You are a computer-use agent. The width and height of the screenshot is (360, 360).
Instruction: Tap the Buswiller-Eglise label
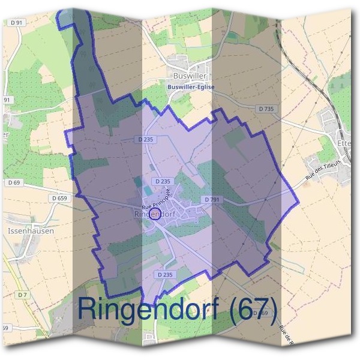click(x=191, y=87)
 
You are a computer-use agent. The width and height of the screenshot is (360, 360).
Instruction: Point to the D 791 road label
click(x=212, y=199)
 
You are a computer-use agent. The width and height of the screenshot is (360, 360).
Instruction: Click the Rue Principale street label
click(x=157, y=199)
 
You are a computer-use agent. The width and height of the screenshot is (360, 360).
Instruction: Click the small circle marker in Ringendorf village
click(x=155, y=214)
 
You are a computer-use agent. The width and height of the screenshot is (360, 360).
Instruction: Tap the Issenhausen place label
click(x=31, y=230)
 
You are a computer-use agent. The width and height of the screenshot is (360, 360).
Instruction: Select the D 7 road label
click(x=23, y=295)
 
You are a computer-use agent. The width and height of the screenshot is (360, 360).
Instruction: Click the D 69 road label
click(x=14, y=182)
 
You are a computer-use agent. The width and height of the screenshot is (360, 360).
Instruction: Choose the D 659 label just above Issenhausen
click(x=59, y=198)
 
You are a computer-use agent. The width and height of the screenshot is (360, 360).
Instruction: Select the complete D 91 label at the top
click(x=17, y=22)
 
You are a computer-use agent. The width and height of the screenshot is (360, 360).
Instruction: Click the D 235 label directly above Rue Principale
click(x=163, y=181)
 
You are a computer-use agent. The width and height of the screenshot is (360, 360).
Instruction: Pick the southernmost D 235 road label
click(x=163, y=274)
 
